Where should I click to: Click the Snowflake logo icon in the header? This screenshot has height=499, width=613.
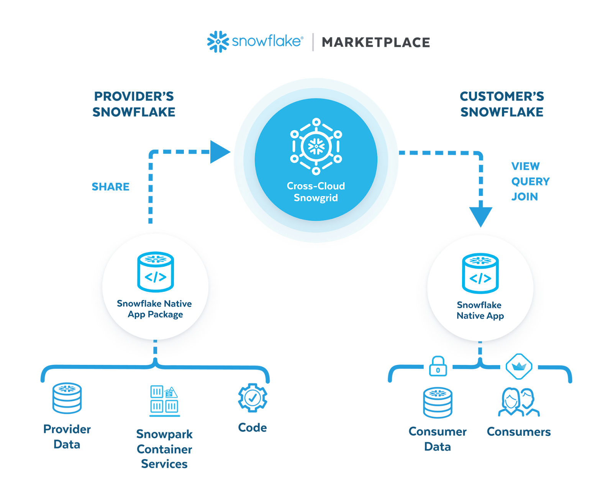point(217,42)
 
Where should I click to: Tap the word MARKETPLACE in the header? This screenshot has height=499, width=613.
point(376,43)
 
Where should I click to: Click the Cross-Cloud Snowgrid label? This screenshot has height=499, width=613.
point(316,192)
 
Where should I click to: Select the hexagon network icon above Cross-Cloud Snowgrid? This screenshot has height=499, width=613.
point(316,146)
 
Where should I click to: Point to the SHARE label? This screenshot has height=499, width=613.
point(110,186)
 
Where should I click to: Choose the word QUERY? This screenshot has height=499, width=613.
point(531,181)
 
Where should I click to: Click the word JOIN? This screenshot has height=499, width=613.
point(526,197)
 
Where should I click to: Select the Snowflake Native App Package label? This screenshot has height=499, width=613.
point(155,309)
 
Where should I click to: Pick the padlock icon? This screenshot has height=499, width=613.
point(438,367)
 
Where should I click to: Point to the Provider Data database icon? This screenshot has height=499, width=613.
point(67,398)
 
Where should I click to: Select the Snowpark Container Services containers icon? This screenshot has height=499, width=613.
point(164,401)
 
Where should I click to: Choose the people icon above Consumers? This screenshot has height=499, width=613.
point(519,402)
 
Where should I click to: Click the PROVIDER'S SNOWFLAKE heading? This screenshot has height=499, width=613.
point(134,104)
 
